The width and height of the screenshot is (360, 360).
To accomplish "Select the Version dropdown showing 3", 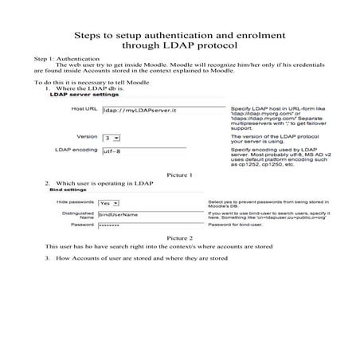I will click(108, 138).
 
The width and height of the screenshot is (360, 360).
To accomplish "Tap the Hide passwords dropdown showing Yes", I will click(108, 203).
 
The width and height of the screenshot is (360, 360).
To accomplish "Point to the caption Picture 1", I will click(180, 174).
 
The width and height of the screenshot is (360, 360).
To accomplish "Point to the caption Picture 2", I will click(180, 237).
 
